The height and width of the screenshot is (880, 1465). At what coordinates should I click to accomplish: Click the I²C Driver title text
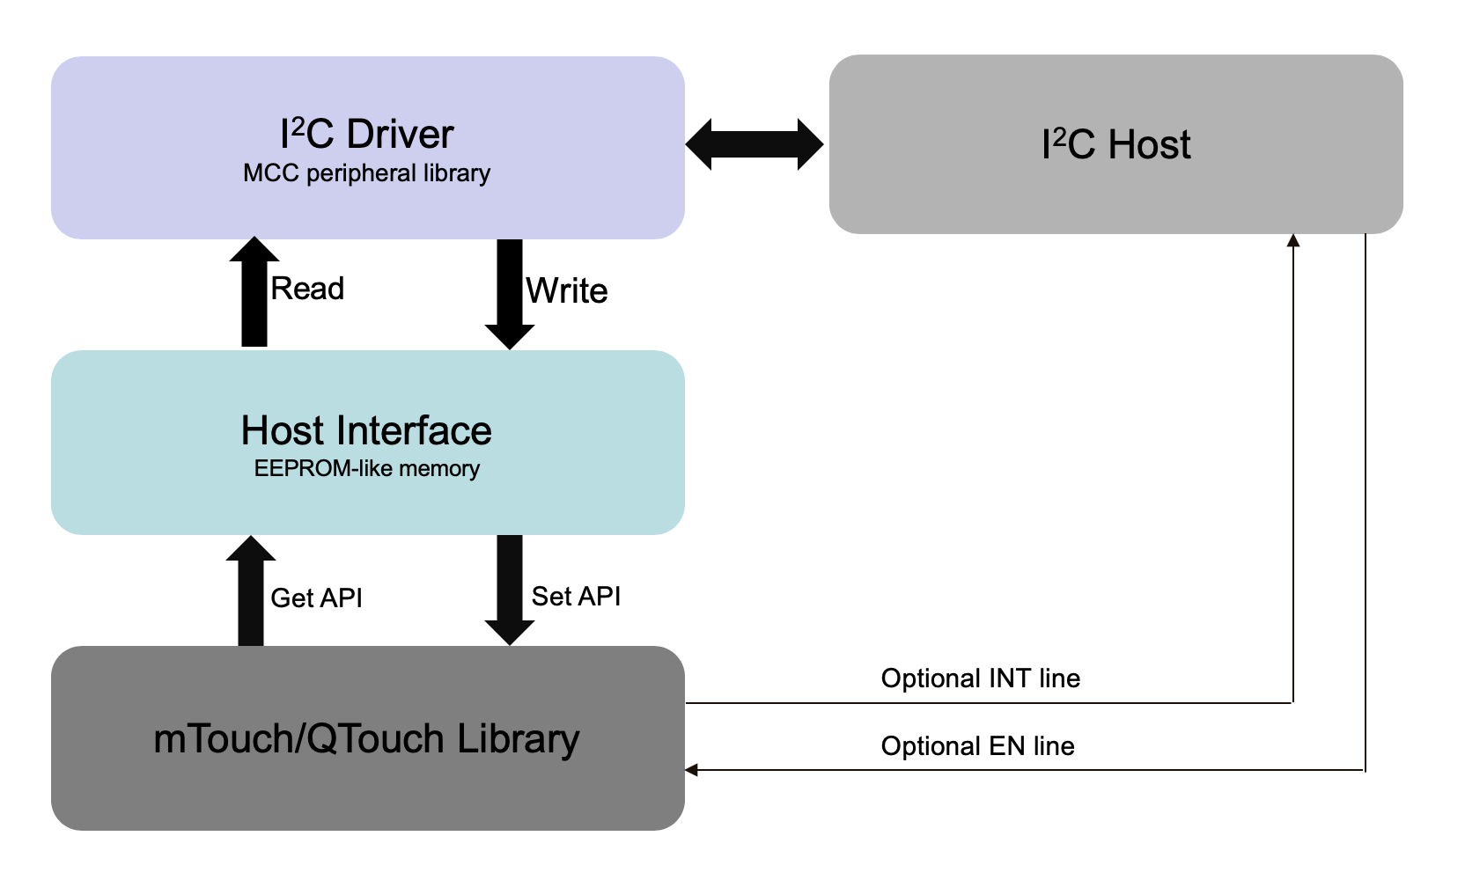366,135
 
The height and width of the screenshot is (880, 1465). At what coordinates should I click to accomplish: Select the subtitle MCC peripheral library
366,173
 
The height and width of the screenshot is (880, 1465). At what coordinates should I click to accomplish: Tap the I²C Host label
1115,144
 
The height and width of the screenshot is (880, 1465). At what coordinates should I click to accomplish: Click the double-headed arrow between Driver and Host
755,144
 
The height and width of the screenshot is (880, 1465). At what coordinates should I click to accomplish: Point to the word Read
307,289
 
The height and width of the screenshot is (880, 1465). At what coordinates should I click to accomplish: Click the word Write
567,291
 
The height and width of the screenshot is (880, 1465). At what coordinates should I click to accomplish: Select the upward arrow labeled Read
254,295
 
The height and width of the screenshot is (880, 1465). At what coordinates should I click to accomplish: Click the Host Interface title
366,430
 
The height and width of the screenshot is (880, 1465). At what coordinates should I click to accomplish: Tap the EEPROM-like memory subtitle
366,469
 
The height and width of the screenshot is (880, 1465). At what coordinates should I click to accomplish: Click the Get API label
316,598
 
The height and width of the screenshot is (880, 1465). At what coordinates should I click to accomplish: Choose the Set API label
576,597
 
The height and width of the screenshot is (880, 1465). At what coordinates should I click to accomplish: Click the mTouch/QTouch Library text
366,738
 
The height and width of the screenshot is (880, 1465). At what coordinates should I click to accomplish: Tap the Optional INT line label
980,678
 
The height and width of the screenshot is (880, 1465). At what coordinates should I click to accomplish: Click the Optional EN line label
977,746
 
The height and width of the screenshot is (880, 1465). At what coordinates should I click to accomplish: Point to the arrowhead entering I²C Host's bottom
1293,240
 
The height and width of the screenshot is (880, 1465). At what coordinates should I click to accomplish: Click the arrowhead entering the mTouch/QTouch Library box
692,770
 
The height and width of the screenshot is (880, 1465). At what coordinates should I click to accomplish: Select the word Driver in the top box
400,135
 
